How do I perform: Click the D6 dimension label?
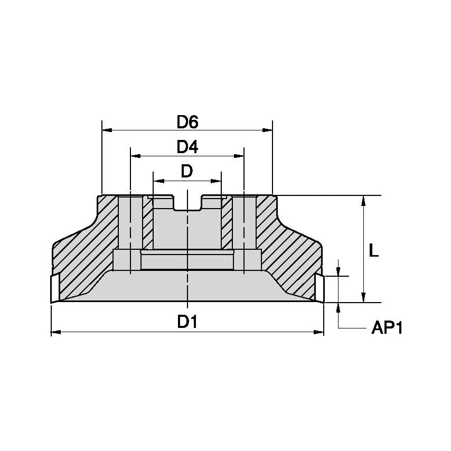tap(187, 122)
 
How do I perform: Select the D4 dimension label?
tap(187, 147)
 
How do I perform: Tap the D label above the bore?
tap(187, 171)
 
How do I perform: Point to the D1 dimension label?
tap(187, 321)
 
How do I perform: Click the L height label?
tap(373, 251)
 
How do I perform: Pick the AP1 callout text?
tap(387, 328)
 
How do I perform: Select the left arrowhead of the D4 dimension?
tap(135, 156)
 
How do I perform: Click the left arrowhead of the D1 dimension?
tap(55, 332)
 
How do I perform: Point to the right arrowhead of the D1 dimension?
tap(319, 332)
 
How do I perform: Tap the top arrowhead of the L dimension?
tap(363, 200)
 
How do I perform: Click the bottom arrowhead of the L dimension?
tap(363, 298)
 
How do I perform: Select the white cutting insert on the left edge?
tap(54, 288)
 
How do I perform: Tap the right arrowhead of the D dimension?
tap(217, 181)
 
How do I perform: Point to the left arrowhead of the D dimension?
tap(157, 181)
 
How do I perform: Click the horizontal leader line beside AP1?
tap(351, 328)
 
